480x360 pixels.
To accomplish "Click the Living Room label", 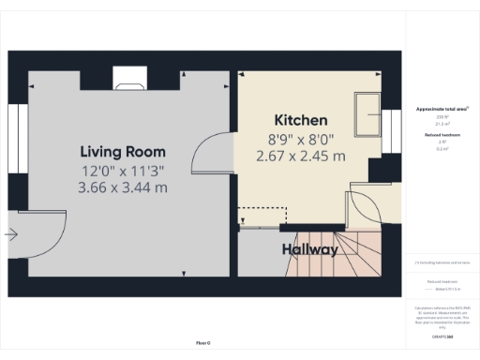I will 123,151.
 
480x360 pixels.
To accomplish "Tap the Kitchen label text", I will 300,120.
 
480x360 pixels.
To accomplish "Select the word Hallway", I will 309,250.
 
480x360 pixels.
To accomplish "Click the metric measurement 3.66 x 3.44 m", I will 123,187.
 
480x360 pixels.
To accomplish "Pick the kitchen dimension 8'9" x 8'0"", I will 300,139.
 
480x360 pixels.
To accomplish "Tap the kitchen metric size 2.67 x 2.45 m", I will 300,156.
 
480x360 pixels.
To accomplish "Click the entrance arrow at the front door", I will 11,236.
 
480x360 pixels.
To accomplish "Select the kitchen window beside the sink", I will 384,126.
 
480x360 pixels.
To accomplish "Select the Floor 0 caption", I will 202,344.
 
